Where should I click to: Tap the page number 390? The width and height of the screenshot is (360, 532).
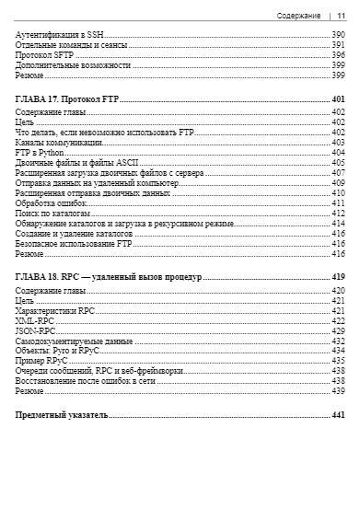[338, 34]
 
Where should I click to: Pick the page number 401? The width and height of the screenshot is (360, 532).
[338, 98]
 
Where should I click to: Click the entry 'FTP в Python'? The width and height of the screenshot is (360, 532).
[40, 153]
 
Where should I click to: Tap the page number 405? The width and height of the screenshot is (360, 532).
[338, 163]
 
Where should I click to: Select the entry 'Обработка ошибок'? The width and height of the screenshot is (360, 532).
[51, 203]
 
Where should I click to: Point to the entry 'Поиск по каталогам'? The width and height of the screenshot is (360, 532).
[54, 214]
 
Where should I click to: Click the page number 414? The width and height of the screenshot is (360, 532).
[338, 224]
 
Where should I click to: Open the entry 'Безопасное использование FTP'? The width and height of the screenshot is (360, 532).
[75, 244]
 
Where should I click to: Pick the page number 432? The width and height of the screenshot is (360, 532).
[338, 341]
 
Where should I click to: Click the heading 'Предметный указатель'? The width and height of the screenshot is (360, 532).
[62, 415]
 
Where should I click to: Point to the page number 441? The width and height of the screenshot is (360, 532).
[338, 415]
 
